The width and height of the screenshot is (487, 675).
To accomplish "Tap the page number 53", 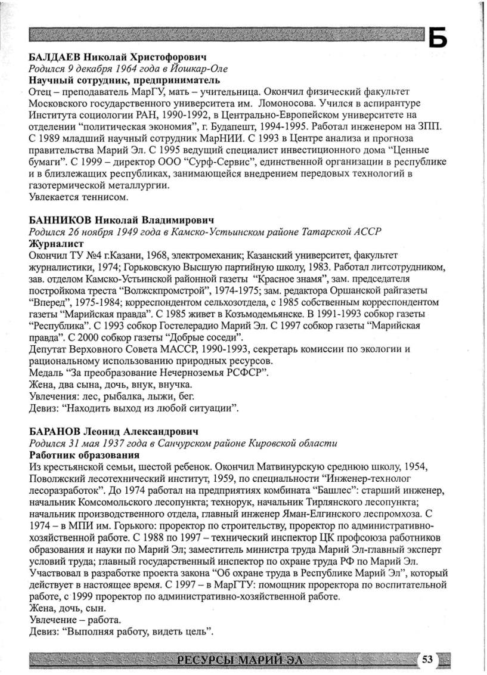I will pyautogui.click(x=427, y=659).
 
